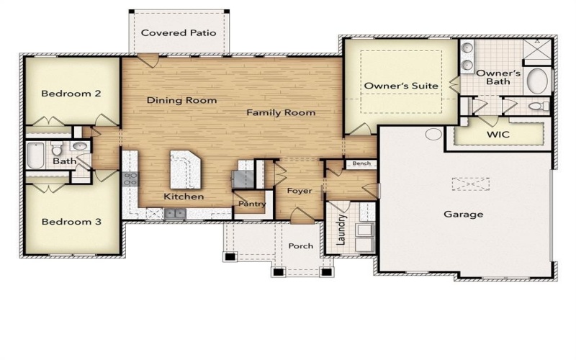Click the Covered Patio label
pos(179,32)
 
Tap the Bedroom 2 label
pos(70,93)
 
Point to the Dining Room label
pos(181,100)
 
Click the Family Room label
pos(281,112)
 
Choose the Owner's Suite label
pos(401,86)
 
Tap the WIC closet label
pos(498,135)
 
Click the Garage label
pos(463,214)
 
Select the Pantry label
pos(252,204)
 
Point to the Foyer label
pos(299,191)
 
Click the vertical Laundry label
pos(343,228)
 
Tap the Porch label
pos(301,246)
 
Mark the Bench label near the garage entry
pos(361,164)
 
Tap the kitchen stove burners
pos(130,179)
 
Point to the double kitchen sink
pos(174,212)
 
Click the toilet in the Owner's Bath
pos(537,107)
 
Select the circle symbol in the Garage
pos(433,134)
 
